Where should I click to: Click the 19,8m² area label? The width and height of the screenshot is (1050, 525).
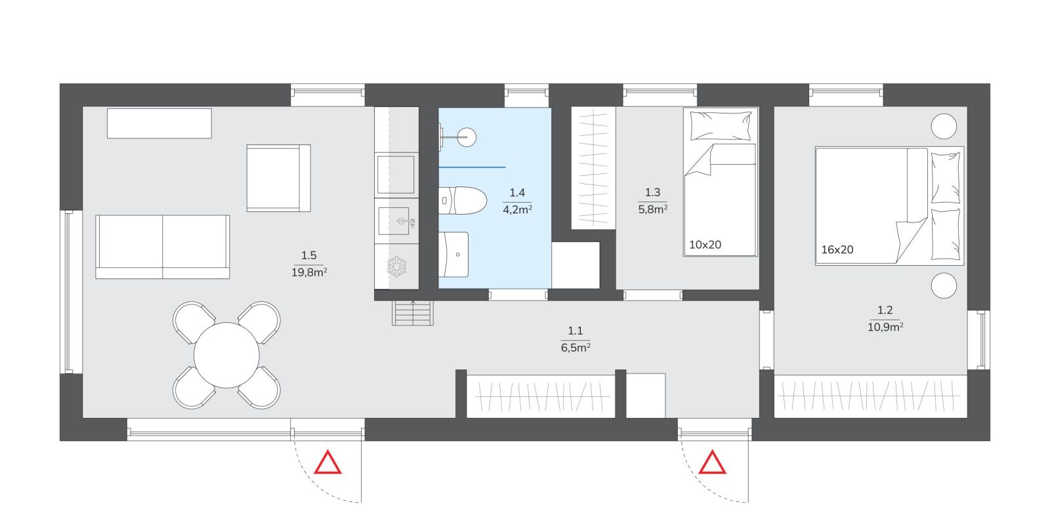(x=309, y=272)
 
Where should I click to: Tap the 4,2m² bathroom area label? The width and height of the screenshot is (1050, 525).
(x=517, y=209)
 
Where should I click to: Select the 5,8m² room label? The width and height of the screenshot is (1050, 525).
(x=652, y=209)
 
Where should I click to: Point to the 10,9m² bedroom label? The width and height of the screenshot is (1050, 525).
(x=885, y=327)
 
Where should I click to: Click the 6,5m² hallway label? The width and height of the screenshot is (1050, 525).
(x=575, y=347)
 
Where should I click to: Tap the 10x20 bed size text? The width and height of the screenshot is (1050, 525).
(x=705, y=245)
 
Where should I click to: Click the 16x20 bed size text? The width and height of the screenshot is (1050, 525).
(x=837, y=250)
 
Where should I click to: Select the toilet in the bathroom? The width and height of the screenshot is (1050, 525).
(x=463, y=201)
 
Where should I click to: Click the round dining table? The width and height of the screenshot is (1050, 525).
(x=226, y=355)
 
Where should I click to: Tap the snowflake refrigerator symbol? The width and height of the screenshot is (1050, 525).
(x=396, y=266)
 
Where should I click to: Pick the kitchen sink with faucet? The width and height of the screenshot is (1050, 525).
(x=396, y=221)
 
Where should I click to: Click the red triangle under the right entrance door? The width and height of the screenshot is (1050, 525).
(x=713, y=463)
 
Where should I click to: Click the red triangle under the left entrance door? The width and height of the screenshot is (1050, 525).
(x=327, y=463)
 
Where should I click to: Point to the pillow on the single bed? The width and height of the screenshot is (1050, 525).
(x=721, y=125)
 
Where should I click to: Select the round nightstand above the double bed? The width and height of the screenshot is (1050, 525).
(x=944, y=126)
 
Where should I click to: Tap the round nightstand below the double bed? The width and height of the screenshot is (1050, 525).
(x=944, y=285)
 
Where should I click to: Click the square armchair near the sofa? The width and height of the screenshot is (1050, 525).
(x=278, y=178)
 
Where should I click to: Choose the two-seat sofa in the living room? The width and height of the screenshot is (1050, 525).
(x=163, y=247)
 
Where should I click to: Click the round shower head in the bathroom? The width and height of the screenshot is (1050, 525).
(x=467, y=137)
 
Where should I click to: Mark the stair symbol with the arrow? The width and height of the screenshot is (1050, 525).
(x=413, y=312)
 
